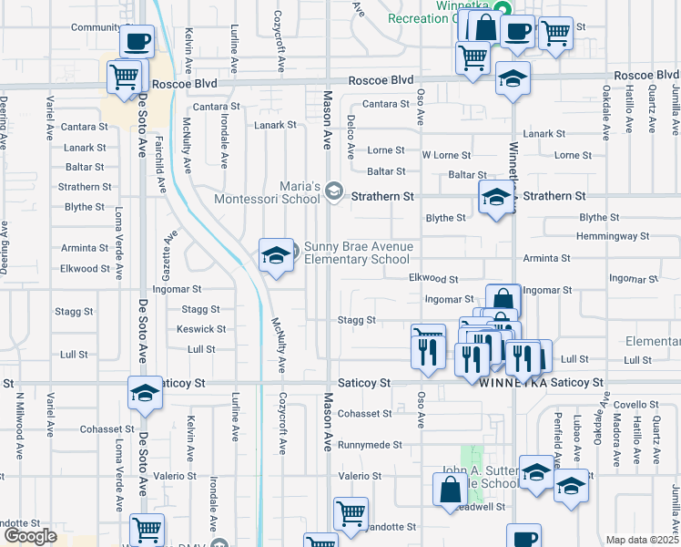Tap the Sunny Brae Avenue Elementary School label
pyautogui.click(x=358, y=253)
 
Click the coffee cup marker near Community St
pyautogui.click(x=137, y=41)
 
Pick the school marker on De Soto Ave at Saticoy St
pyautogui.click(x=145, y=393)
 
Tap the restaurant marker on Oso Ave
pyautogui.click(x=428, y=346)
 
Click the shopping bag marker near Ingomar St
pyautogui.click(x=503, y=301)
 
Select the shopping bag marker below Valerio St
pyautogui.click(x=451, y=490)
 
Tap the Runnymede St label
pyautogui.click(x=371, y=445)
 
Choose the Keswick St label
pyautogui.click(x=201, y=329)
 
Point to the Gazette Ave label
pyautogui.click(x=169, y=250)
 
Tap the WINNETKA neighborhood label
pyautogui.click(x=513, y=384)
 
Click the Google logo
pyautogui.click(x=30, y=536)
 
